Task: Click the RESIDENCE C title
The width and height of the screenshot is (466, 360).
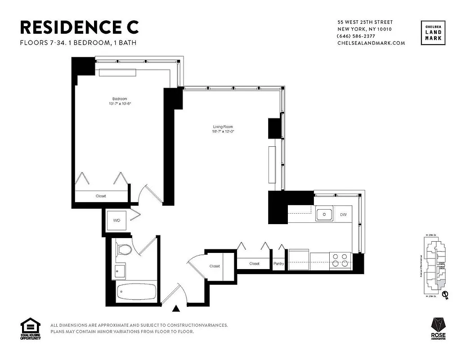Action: (80, 27)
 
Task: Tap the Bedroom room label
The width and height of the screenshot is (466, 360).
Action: (119, 99)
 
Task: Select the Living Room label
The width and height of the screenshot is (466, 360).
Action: (223, 127)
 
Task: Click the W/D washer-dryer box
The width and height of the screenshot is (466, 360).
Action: (116, 221)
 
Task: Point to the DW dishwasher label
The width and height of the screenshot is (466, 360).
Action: (343, 215)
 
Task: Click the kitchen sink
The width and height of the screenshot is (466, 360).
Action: (323, 215)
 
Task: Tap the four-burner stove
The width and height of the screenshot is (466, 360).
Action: (340, 260)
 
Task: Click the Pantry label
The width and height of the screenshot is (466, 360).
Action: (278, 264)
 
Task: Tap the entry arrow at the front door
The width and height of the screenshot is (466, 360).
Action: (176, 308)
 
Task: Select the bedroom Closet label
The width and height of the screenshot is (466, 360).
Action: (101, 196)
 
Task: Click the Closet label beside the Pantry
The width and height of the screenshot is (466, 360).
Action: (254, 264)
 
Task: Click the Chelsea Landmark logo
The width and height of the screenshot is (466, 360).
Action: (433, 33)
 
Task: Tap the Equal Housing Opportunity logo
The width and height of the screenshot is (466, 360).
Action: (30, 329)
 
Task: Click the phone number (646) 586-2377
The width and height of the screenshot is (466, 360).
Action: (356, 36)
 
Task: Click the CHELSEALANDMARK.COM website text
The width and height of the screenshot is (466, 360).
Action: (371, 43)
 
